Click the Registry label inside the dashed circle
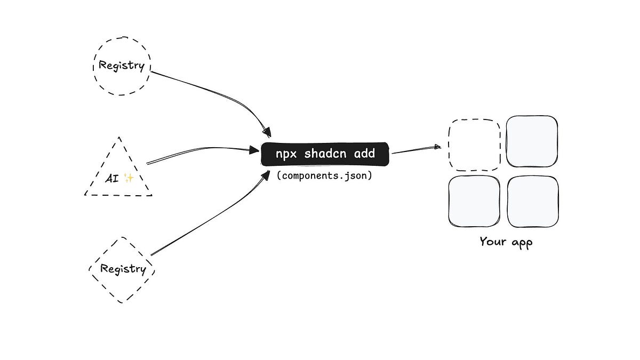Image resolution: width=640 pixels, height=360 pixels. click(x=122, y=66)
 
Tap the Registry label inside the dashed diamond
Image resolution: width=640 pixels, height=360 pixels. click(x=123, y=269)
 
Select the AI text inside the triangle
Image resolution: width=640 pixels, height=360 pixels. click(x=113, y=178)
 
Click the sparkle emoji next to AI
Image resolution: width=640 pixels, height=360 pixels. click(x=128, y=178)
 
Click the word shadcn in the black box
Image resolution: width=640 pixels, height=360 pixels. click(x=324, y=154)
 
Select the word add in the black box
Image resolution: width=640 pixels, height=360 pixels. click(x=364, y=154)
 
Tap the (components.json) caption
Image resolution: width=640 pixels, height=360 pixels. click(x=324, y=175)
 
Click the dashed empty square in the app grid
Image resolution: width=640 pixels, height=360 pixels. click(x=474, y=145)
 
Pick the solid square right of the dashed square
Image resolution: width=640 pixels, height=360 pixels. click(x=532, y=142)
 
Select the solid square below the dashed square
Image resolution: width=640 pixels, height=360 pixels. click(x=474, y=201)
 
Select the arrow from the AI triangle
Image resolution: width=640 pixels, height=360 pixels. click(x=203, y=150)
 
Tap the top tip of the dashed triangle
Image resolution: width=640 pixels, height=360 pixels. click(x=118, y=137)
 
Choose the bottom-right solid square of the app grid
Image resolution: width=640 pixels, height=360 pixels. click(x=533, y=201)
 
